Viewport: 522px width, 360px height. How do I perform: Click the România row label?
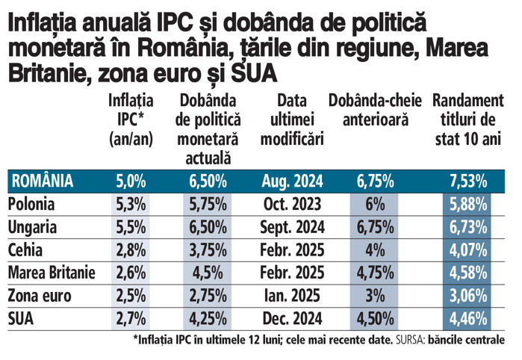42,180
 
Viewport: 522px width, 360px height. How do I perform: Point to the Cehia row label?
26,249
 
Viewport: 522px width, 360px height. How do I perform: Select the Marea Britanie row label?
52,273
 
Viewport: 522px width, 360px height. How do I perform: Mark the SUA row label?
22,319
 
